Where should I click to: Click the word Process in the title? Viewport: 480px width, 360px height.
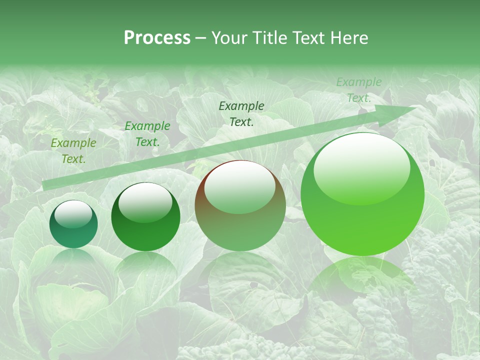click(157, 38)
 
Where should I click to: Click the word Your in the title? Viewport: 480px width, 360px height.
click(230, 38)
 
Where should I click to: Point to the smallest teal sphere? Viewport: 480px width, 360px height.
click(73, 224)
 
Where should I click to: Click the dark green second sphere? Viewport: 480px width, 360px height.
click(145, 217)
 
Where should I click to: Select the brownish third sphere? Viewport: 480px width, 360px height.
click(240, 206)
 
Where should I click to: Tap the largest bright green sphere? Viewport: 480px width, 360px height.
click(362, 194)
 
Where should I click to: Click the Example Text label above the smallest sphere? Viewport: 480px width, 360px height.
click(73, 151)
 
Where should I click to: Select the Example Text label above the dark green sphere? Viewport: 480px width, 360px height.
click(147, 134)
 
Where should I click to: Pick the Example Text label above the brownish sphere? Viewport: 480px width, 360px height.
click(241, 113)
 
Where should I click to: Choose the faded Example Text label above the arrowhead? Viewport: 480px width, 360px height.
click(358, 90)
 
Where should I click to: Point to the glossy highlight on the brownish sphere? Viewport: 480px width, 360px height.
click(239, 186)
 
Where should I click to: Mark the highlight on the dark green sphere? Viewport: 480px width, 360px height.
click(145, 202)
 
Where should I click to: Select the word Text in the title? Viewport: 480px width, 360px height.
click(307, 38)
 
